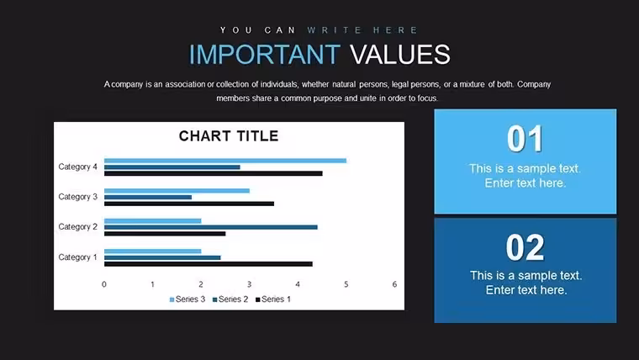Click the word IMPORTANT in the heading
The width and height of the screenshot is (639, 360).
pyautogui.click(x=265, y=54)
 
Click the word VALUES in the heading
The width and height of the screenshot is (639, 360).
pyautogui.click(x=399, y=54)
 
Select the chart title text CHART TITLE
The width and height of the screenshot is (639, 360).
pyautogui.click(x=229, y=135)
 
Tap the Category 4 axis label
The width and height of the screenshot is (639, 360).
pyautogui.click(x=78, y=167)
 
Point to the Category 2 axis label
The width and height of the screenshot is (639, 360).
pyautogui.click(x=78, y=226)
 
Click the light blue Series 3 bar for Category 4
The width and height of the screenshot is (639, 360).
pyautogui.click(x=225, y=161)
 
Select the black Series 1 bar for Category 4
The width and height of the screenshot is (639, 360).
pyautogui.click(x=213, y=173)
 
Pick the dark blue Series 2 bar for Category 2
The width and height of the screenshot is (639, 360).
pyautogui.click(x=211, y=227)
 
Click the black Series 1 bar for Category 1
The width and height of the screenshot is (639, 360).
pyautogui.click(x=209, y=264)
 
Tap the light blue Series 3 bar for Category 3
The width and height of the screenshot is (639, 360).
pyautogui.click(x=177, y=191)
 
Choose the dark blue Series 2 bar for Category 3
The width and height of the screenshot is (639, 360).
pyautogui.click(x=148, y=198)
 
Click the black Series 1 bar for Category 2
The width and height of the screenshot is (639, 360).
pyautogui.click(x=165, y=234)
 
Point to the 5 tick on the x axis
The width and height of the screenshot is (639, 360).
pyautogui.click(x=346, y=284)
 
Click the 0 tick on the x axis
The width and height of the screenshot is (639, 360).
pyautogui.click(x=104, y=284)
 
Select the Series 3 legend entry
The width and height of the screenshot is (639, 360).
pyautogui.click(x=187, y=299)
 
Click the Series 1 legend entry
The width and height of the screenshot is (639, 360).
pyautogui.click(x=273, y=299)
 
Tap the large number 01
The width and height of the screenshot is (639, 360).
pyautogui.click(x=525, y=139)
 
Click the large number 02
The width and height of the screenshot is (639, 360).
pyautogui.click(x=525, y=247)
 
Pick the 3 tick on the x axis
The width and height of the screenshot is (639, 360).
pyautogui.click(x=249, y=284)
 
